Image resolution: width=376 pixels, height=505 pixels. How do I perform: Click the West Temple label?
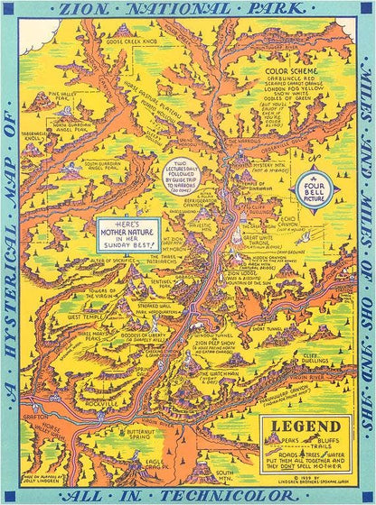88,317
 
